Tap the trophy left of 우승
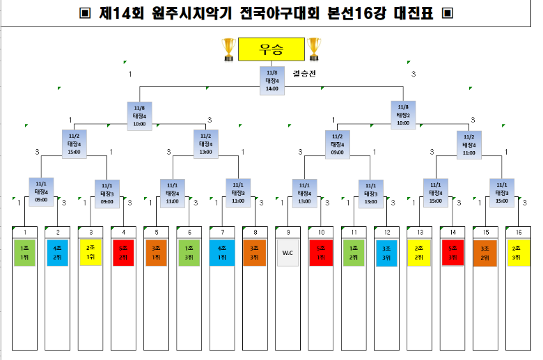pos(228,49)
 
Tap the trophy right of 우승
pos(314,49)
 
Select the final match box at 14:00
pos(271,80)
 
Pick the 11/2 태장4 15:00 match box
pos(74,143)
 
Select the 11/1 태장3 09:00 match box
pos(107,194)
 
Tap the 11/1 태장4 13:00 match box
pos(304,192)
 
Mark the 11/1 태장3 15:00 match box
pos(501,192)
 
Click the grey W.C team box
pos(288,252)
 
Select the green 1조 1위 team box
pos(25,252)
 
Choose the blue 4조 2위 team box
pos(58,252)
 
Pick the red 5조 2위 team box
pos(123,252)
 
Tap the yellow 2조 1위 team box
pos(90,252)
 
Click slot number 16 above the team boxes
pos(518,231)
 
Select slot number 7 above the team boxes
pos(222,231)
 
